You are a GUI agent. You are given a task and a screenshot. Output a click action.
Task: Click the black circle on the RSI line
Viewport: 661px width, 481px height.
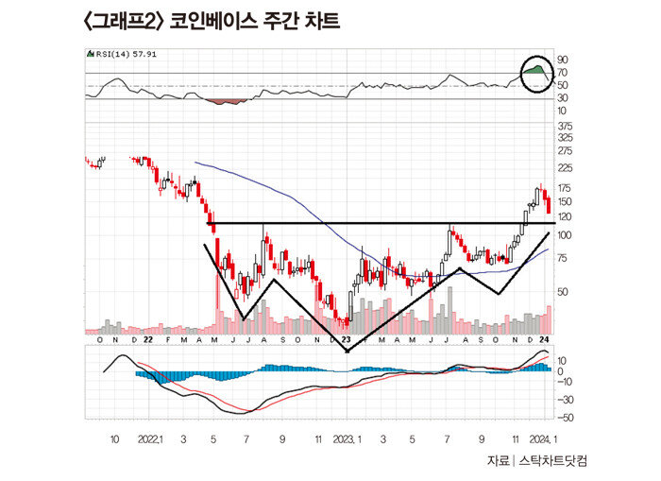(537, 73)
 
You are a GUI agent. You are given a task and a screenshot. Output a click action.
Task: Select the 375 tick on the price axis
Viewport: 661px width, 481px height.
(566, 126)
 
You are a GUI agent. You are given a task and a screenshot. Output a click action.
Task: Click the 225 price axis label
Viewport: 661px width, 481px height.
(566, 169)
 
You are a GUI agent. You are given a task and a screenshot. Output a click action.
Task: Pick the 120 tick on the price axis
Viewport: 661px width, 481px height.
(566, 216)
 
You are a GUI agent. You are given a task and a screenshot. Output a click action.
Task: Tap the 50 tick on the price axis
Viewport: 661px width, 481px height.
(563, 292)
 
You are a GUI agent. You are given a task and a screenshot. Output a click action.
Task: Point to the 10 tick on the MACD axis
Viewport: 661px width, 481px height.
(563, 360)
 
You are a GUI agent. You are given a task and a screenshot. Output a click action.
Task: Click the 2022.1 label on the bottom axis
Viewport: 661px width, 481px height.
(151, 439)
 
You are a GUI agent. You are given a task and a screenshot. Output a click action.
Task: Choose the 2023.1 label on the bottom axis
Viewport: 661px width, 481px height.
(347, 439)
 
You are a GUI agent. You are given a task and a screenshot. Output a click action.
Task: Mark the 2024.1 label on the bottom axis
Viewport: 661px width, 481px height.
(541, 439)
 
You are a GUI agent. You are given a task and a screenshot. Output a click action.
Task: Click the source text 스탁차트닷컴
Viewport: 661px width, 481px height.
(559, 461)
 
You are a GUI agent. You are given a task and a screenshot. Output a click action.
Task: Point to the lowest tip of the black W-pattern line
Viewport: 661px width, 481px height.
(347, 352)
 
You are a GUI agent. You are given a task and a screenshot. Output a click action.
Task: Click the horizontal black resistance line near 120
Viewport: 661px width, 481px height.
(378, 223)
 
